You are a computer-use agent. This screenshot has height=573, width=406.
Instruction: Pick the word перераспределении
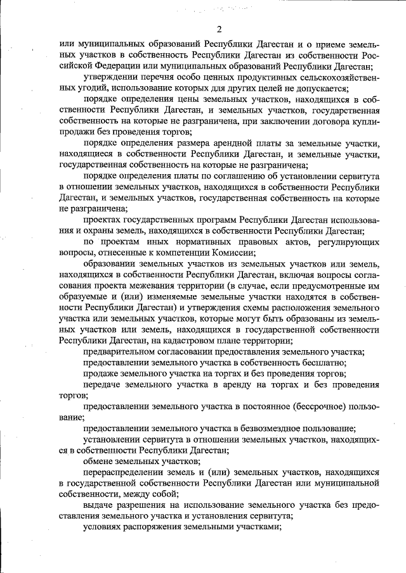point(124,472)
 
